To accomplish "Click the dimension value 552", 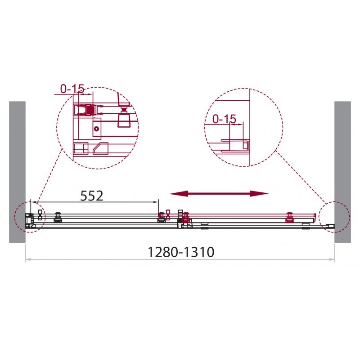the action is [x=91, y=196].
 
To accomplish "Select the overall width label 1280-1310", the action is [x=181, y=252].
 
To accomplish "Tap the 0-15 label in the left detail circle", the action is [x=72, y=89].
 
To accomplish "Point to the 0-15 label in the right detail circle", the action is [x=224, y=119].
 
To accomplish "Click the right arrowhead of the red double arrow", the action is [x=259, y=194].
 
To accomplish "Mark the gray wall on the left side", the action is [x=17, y=172].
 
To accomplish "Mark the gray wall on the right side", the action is [x=343, y=172].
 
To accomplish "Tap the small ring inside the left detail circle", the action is [x=96, y=129].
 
